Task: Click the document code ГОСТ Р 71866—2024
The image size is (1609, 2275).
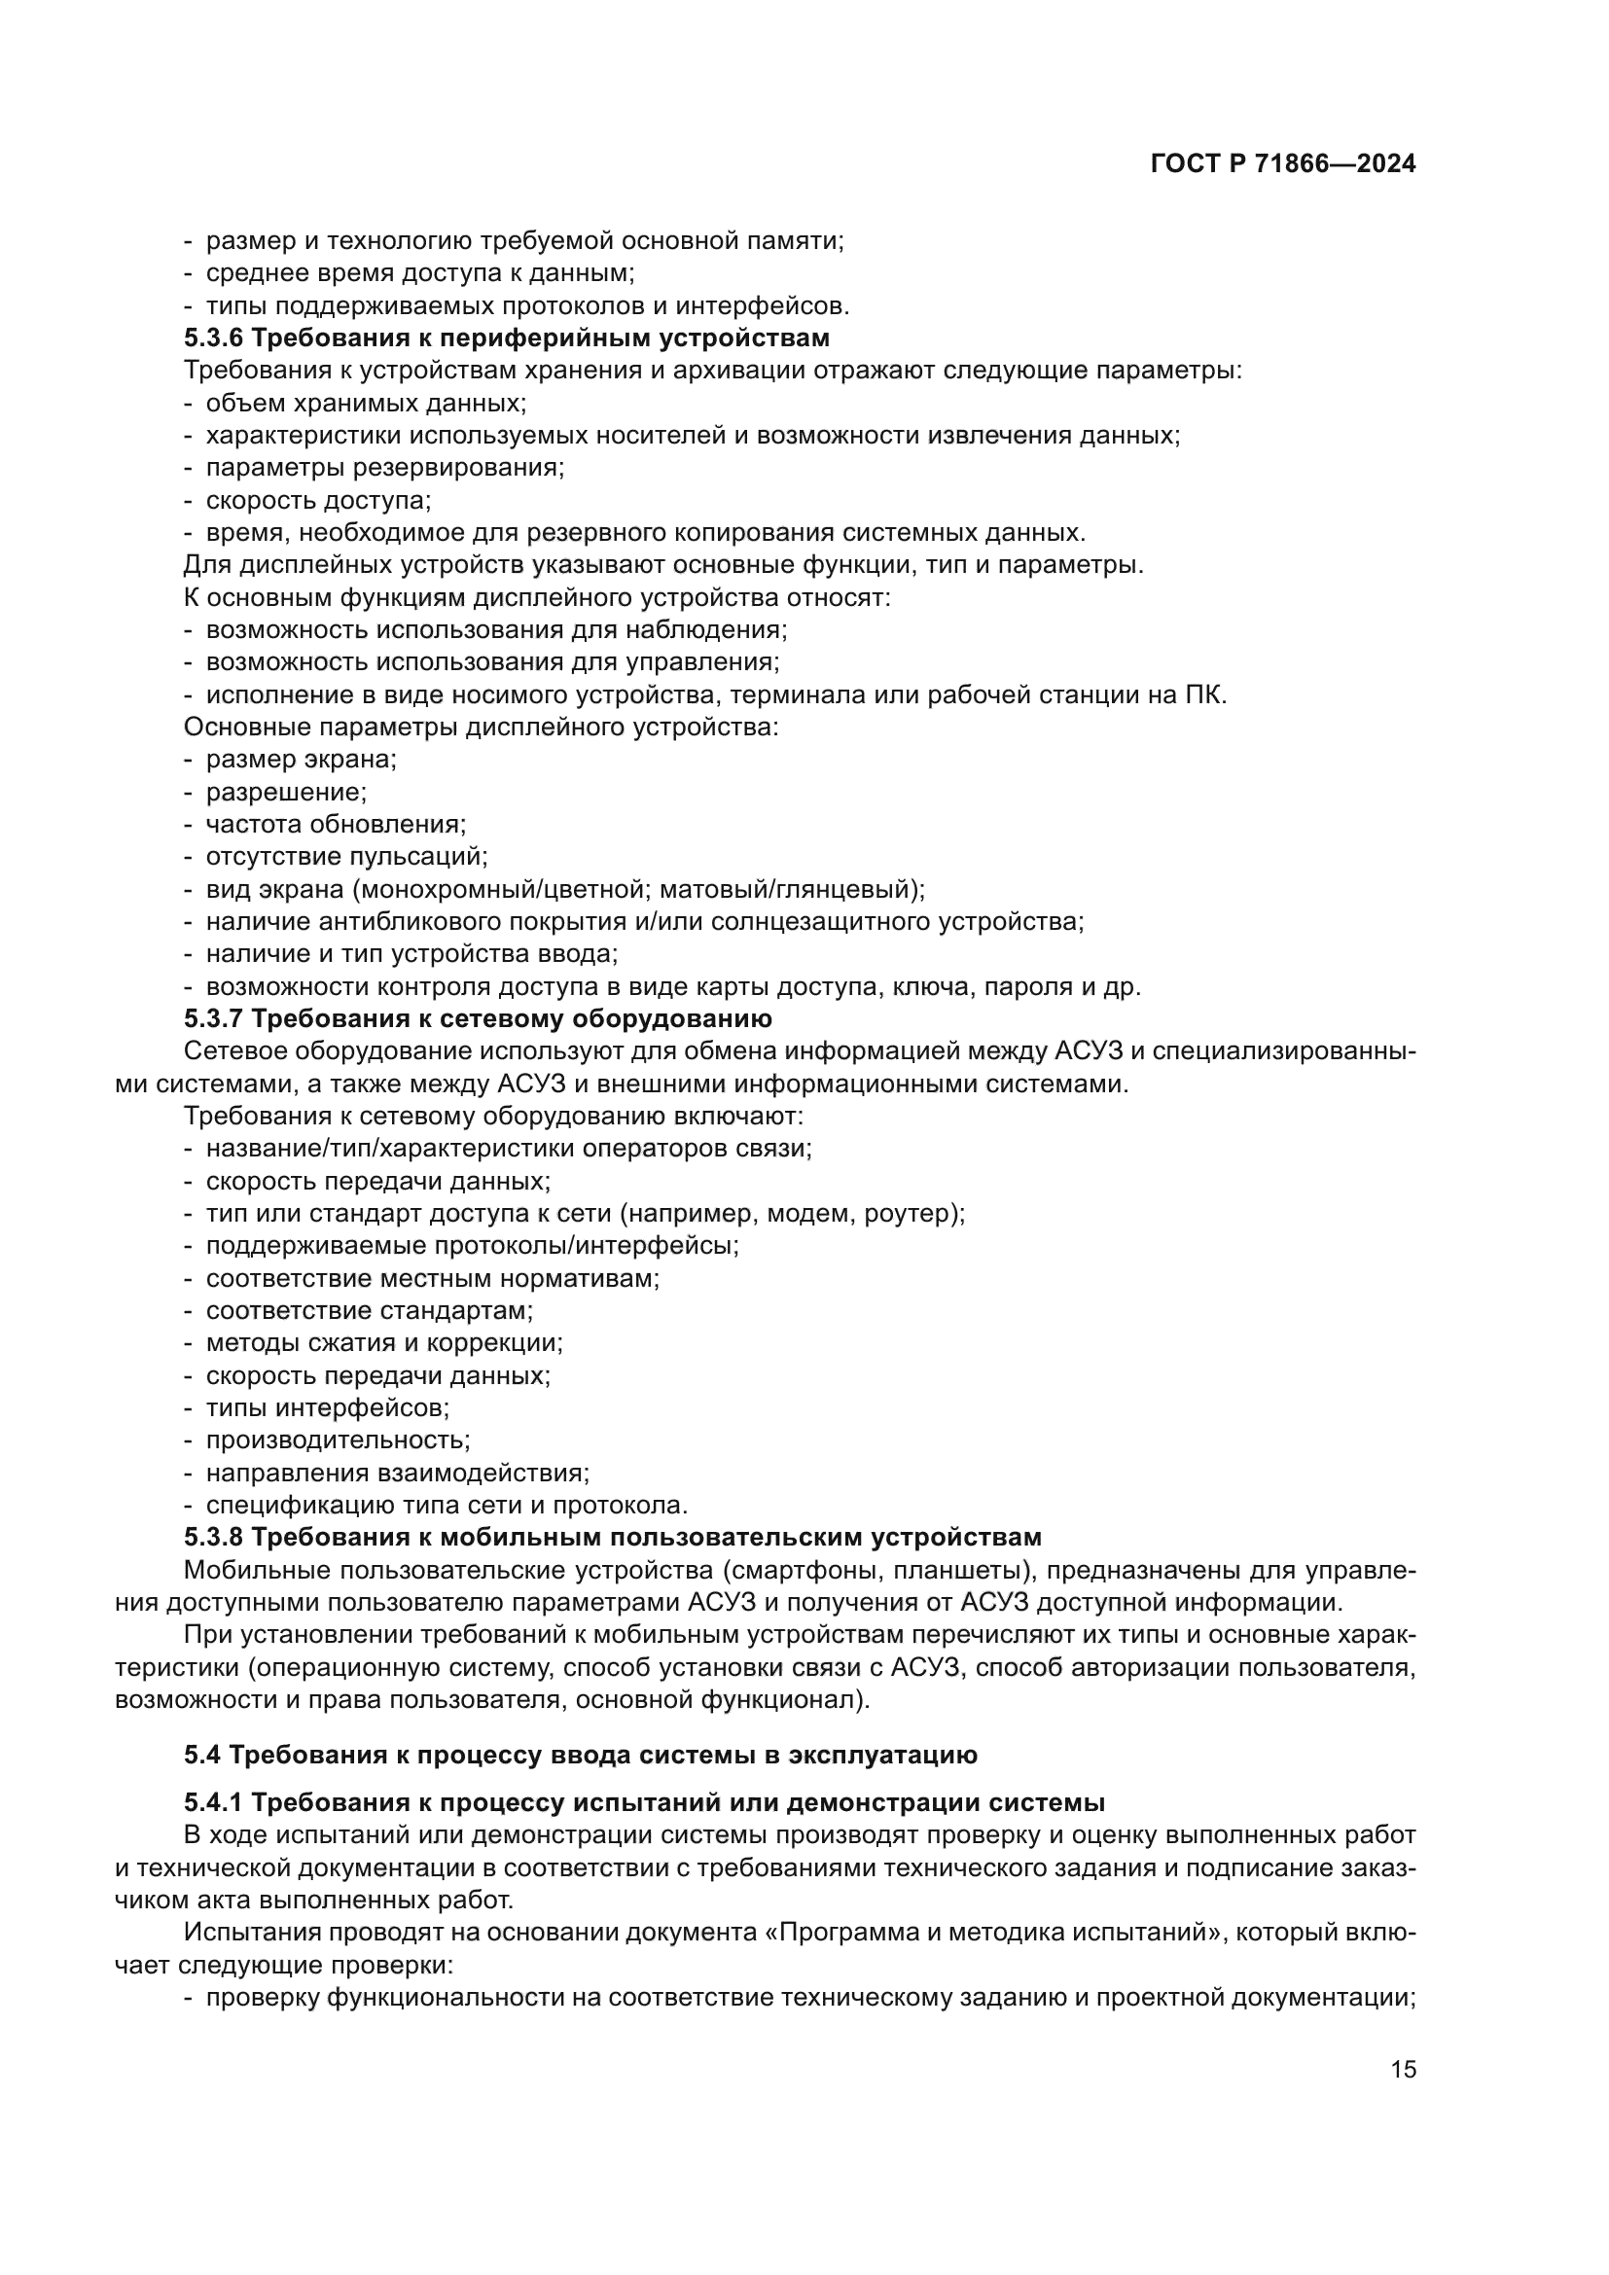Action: click(1283, 164)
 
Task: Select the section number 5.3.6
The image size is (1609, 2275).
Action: click(213, 338)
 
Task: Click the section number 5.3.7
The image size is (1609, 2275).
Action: click(213, 1019)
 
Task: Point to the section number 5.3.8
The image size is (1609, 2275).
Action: click(213, 1538)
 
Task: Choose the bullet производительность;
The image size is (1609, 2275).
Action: click(338, 1440)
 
